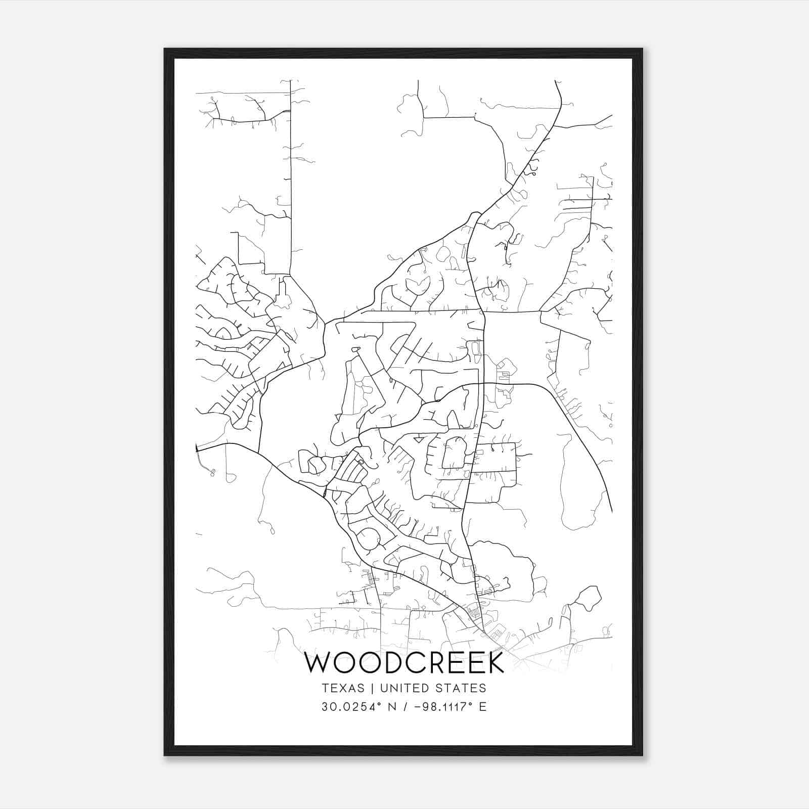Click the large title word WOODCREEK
(404, 663)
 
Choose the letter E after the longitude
(482, 706)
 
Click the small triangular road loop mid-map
(419, 440)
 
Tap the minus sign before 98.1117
(417, 707)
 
